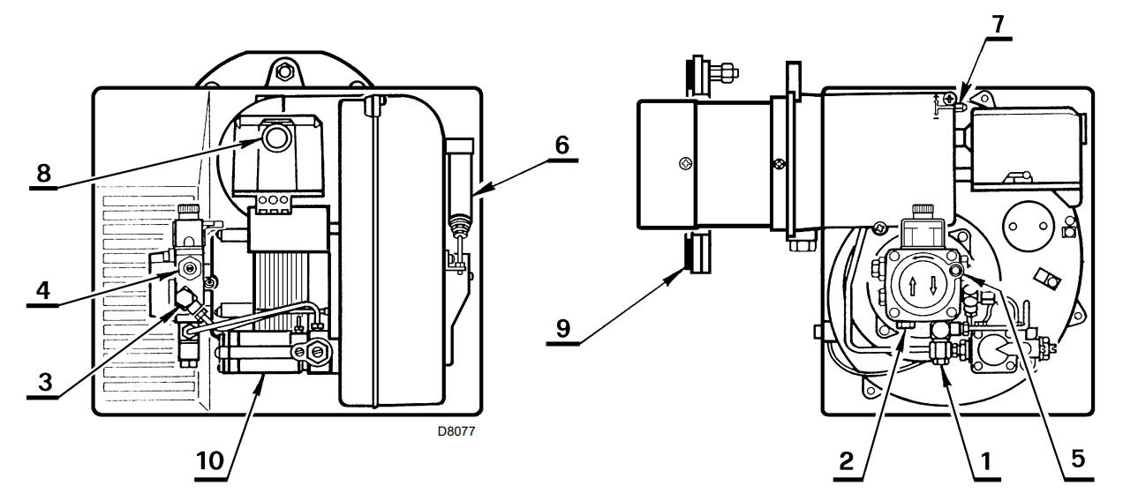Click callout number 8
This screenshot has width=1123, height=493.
pos(43,174)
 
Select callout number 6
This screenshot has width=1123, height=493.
pos(562,146)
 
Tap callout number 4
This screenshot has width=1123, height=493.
pos(43,290)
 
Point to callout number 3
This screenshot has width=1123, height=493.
pos(45,382)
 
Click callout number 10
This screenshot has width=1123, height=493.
pos(209,461)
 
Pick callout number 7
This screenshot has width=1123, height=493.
pos(999,24)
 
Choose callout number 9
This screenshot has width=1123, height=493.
pos(563,329)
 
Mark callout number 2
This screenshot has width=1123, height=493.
pos(847,461)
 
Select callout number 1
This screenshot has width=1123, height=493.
pos(985,461)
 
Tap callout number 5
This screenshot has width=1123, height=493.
pos(1078,459)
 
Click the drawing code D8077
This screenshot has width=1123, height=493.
pos(456,431)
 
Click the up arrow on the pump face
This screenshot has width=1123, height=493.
pos(913,286)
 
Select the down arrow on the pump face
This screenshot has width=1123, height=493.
pos(933,285)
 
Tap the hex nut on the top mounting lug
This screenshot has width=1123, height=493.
pos(284,72)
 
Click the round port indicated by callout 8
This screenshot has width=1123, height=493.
pos(275,138)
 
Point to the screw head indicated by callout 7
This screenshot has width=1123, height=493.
pos(949,98)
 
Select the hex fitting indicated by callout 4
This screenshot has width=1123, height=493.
pos(190,269)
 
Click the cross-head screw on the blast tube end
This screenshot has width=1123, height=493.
pos(685,163)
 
